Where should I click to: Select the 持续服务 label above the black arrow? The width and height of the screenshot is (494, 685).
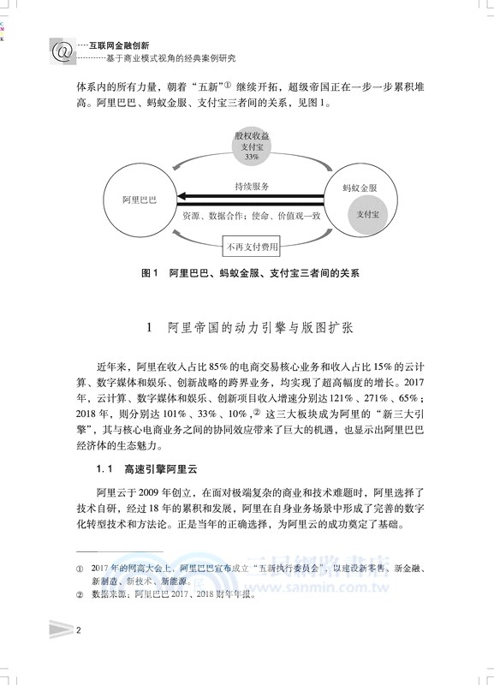(x=252, y=186)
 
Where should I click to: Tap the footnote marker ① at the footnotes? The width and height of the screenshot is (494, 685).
(x=80, y=568)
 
